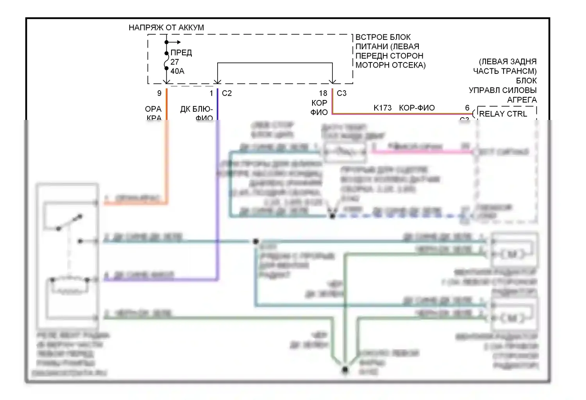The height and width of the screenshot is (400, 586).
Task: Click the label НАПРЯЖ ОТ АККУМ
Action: tap(166, 27)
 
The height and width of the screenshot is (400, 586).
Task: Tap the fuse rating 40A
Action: tap(177, 71)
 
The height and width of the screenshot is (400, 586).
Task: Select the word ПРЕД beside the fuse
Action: tap(181, 52)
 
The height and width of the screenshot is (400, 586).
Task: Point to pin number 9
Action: tap(159, 93)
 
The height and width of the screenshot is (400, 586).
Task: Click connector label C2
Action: tap(227, 93)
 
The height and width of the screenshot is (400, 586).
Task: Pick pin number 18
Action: tap(323, 93)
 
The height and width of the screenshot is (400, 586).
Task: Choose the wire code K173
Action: tap(382, 108)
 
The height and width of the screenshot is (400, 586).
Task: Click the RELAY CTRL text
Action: tap(503, 114)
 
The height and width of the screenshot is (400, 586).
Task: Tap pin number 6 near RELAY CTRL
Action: tap(467, 108)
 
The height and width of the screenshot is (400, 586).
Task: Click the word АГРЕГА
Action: tap(522, 100)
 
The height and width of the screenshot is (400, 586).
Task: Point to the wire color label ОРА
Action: tap(153, 109)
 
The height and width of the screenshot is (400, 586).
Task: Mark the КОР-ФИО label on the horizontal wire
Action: tap(417, 108)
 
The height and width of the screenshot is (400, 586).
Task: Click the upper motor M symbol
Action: tap(511, 254)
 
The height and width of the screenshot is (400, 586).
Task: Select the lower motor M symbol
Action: tap(511, 318)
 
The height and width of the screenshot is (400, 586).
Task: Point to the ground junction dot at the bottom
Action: tap(345, 370)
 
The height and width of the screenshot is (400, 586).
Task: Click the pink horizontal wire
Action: tap(422, 151)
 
